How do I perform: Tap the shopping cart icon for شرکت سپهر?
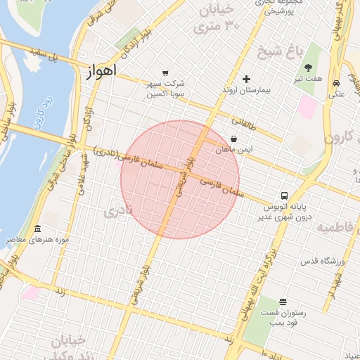pyautogui.click(x=165, y=72)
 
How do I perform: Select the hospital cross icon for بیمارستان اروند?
pyautogui.click(x=245, y=79)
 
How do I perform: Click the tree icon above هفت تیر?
pyautogui.click(x=309, y=67)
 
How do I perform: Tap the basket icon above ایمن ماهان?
pyautogui.click(x=233, y=139)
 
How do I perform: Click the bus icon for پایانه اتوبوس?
pyautogui.click(x=285, y=195)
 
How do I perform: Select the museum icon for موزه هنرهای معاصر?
pyautogui.click(x=37, y=229)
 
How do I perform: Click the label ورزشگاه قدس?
pyautogui.click(x=324, y=262)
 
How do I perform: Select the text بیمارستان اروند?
pyautogui.click(x=247, y=91)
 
